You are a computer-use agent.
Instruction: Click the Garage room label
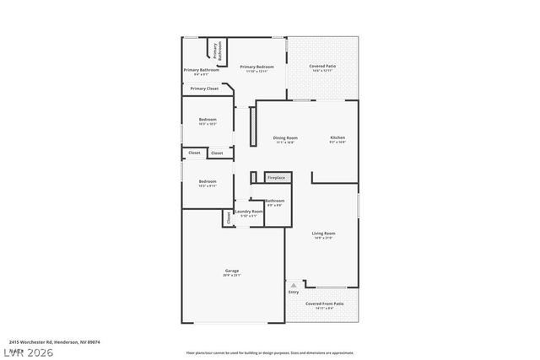tap(232, 271)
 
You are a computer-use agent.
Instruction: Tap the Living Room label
tap(324, 234)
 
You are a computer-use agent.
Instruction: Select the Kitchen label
tap(337, 138)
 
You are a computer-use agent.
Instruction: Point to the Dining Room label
tap(285, 138)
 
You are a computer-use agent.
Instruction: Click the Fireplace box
tap(276, 178)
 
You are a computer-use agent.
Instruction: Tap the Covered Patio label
tap(322, 67)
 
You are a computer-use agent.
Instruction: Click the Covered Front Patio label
tap(324, 304)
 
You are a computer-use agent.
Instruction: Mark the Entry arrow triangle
tap(293, 286)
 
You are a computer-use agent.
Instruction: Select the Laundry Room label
tap(249, 212)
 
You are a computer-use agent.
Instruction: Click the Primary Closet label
tap(204, 88)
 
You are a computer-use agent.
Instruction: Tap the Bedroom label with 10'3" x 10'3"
tap(208, 121)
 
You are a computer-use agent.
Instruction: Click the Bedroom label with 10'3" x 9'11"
tap(208, 182)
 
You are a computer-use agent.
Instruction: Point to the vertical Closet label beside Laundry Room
tap(228, 218)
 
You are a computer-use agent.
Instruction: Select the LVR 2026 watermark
tap(27, 352)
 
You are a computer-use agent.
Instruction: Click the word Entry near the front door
tap(293, 293)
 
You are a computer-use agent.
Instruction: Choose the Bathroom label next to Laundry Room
tap(275, 201)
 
